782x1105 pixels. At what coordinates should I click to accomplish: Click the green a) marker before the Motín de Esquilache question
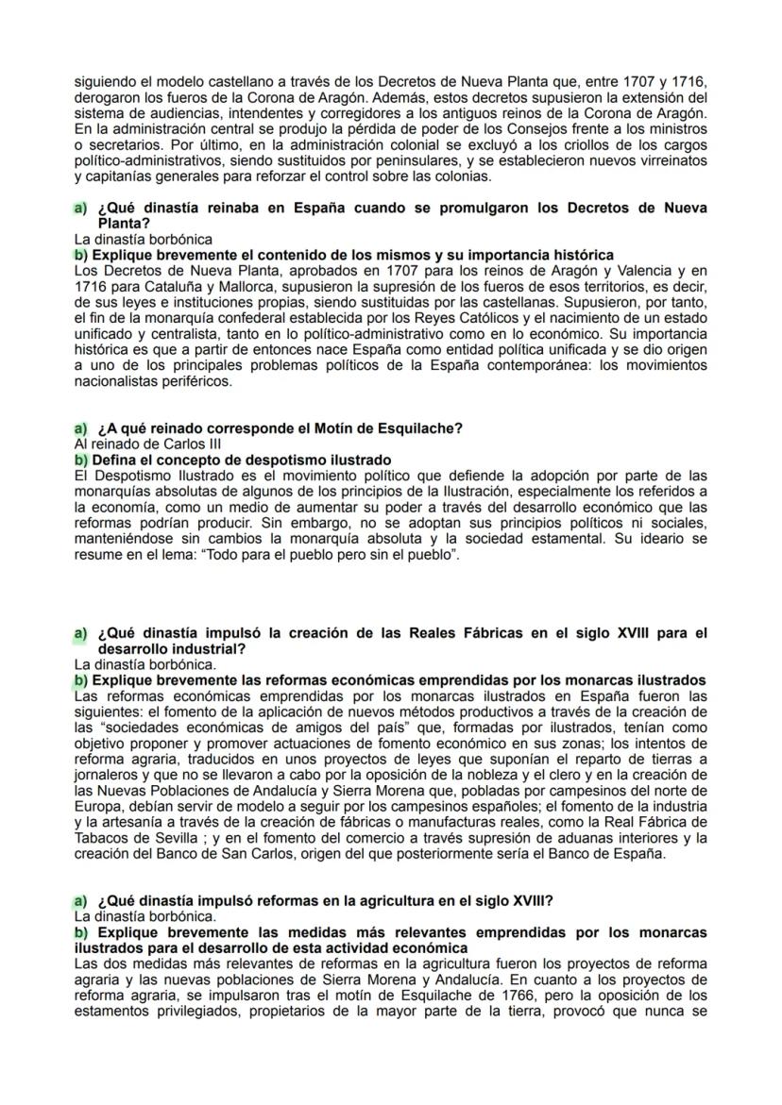[x=80, y=428]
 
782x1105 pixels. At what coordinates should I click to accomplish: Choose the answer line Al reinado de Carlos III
[x=147, y=444]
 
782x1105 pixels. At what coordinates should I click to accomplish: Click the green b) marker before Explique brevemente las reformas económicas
[x=81, y=680]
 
